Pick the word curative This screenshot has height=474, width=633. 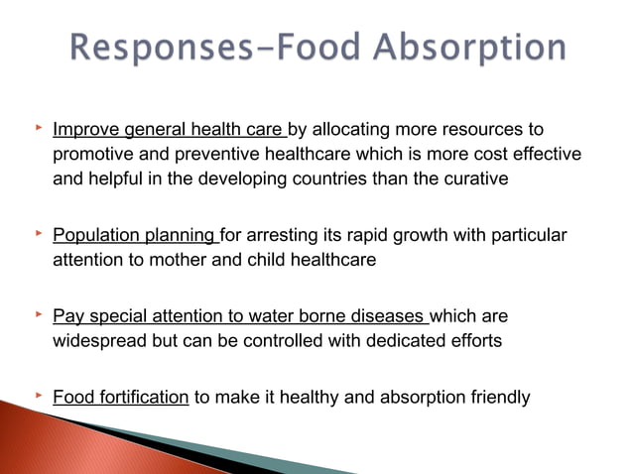[x=469, y=181]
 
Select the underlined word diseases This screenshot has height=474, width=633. [x=387, y=317]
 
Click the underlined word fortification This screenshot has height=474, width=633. [x=140, y=399]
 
